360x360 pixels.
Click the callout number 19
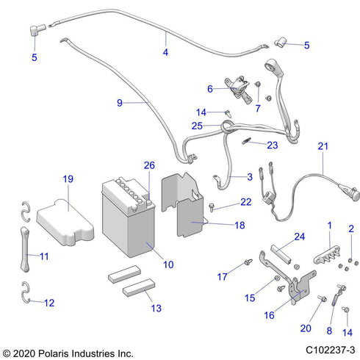(68, 179)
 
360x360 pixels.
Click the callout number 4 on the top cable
(165, 52)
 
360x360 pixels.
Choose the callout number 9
(120, 104)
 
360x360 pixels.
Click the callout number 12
(50, 302)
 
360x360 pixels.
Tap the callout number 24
(300, 237)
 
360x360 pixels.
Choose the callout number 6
(211, 89)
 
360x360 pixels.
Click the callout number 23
(273, 145)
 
